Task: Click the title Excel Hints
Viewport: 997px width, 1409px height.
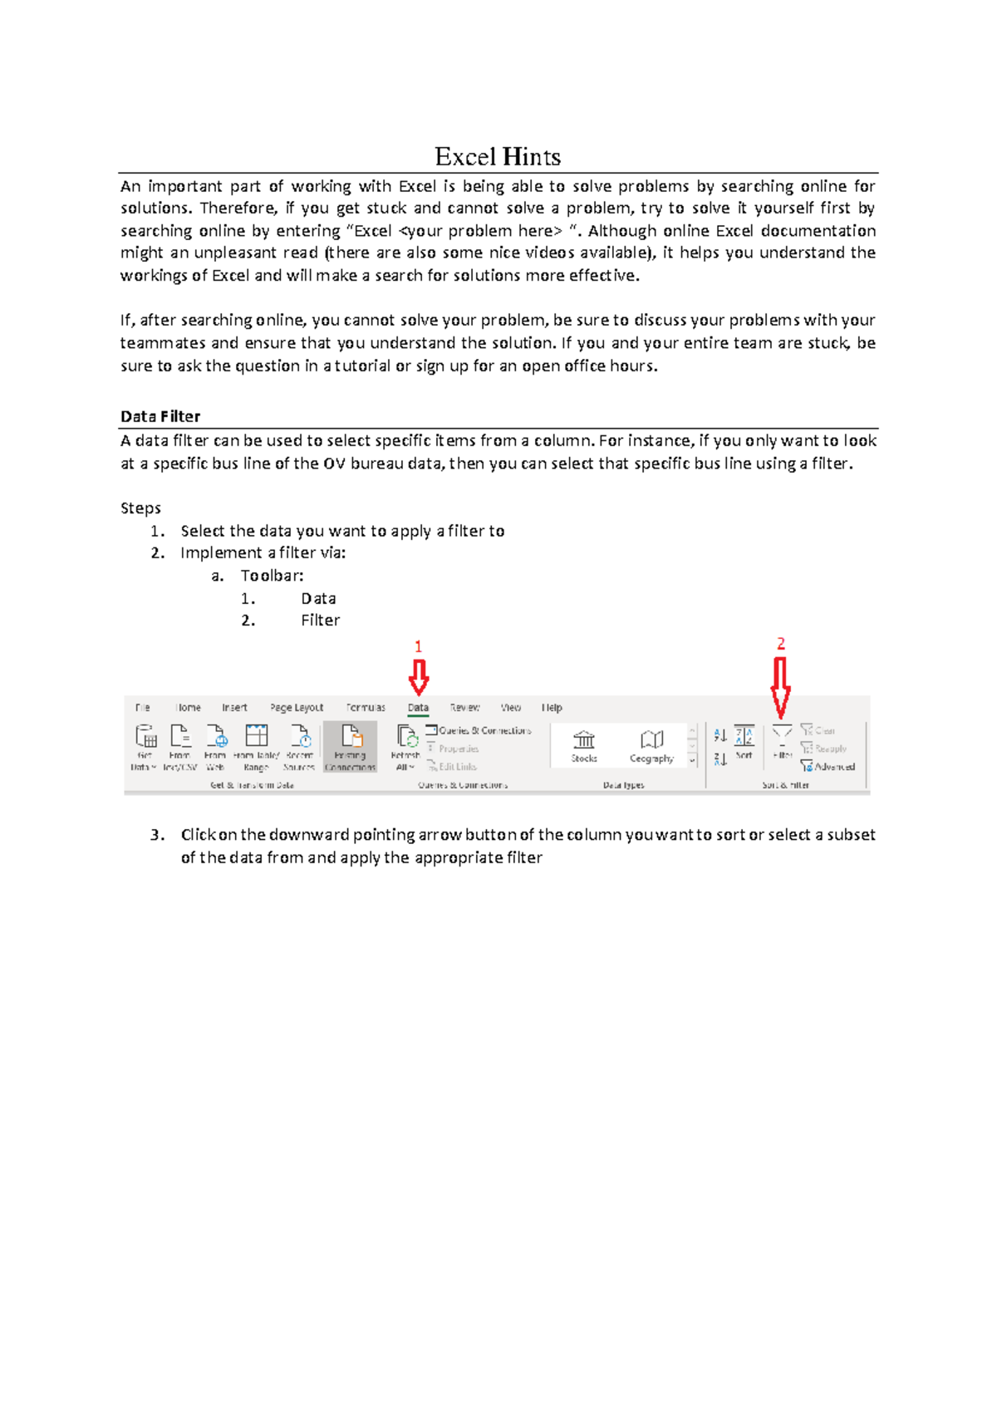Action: click(498, 156)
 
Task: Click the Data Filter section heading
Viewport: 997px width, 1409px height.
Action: click(160, 416)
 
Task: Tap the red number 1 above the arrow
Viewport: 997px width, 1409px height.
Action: click(418, 646)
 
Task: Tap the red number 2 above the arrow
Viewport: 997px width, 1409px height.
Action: click(780, 644)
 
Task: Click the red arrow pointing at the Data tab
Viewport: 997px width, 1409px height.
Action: click(418, 677)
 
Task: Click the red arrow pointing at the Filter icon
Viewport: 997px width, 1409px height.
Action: click(780, 688)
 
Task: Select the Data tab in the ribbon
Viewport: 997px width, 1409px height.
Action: click(418, 708)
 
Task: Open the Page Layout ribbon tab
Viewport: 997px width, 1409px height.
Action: click(297, 708)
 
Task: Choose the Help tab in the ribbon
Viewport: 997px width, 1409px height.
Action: click(552, 708)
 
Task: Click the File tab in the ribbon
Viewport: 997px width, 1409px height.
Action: click(143, 708)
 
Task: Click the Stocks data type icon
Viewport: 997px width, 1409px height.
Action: click(584, 744)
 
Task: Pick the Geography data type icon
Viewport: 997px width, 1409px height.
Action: click(651, 744)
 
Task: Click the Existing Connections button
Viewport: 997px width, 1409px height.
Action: click(351, 746)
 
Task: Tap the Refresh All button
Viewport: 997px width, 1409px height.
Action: click(405, 746)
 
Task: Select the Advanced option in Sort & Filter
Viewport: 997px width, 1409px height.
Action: click(828, 767)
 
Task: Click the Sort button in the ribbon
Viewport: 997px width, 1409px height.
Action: click(744, 742)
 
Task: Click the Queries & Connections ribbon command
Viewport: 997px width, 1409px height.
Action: click(479, 730)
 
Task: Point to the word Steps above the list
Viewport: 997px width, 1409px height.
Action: click(140, 508)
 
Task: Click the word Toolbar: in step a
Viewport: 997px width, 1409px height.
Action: click(272, 576)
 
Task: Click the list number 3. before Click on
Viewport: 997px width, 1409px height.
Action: click(157, 835)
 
